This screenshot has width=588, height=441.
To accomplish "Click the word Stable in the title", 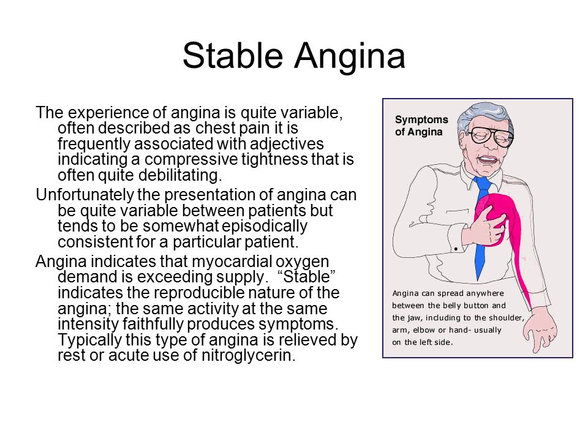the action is point(233,56).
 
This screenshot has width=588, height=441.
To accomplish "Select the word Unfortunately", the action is point(85,195).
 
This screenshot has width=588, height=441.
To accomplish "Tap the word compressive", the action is point(191,160).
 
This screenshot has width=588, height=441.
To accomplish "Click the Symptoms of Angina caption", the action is point(421,126).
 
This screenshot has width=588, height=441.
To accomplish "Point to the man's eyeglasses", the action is point(491,135).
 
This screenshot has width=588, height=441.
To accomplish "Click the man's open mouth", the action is point(487,160).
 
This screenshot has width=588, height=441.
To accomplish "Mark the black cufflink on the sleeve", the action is point(456,249).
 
